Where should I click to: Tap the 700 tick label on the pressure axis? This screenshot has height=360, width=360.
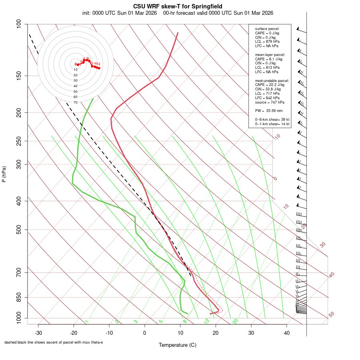19,273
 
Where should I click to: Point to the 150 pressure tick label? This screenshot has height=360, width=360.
19,76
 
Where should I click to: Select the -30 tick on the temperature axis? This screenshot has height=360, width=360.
38,333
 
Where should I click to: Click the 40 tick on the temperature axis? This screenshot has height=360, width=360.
286,333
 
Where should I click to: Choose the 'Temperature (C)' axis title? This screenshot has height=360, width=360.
178,345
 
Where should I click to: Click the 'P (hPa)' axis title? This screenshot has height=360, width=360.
4,174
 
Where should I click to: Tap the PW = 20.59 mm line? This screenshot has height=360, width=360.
269,111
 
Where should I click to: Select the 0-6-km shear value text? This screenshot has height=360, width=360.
272,120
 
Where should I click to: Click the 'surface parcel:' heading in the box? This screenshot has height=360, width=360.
267,29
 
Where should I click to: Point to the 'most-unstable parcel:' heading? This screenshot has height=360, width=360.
272,81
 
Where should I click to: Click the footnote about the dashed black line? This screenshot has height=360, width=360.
54,342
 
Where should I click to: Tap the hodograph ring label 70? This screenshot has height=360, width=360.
76,102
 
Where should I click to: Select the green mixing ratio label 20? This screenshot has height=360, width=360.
235,321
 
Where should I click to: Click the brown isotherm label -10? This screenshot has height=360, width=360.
277,137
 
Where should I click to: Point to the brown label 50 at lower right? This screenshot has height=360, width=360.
331,315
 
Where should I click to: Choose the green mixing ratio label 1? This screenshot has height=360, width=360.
87,322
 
